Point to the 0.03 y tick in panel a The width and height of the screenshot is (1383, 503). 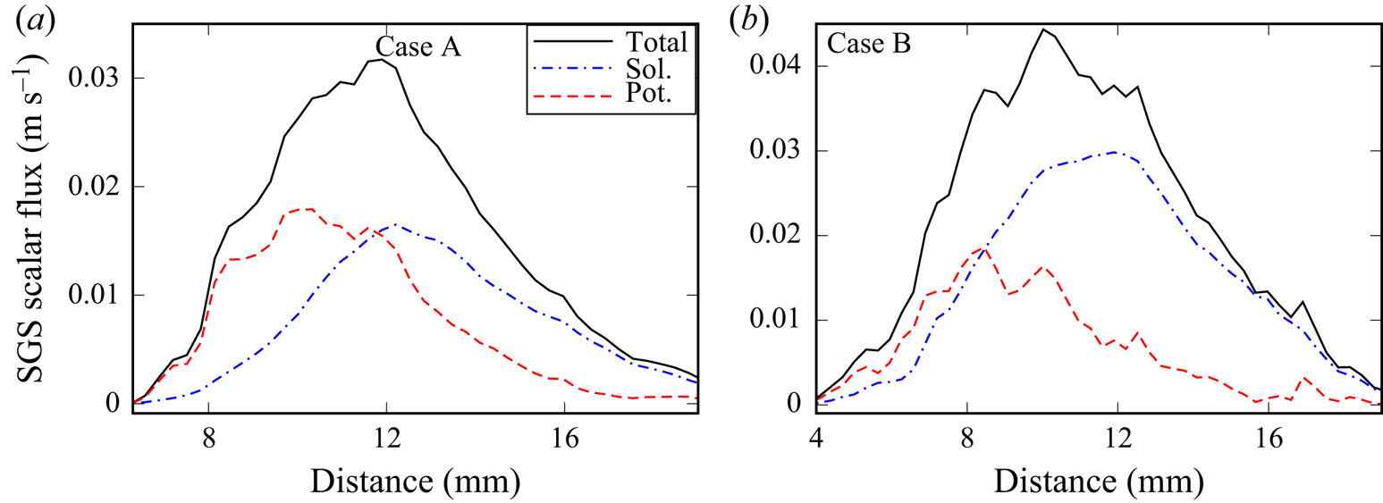pos(93,79)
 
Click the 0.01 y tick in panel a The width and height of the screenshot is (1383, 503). pos(93,296)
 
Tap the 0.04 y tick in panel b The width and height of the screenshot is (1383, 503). pos(778,66)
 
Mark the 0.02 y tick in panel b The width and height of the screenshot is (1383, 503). pos(778,236)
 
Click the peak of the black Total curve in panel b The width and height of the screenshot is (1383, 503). pos(1042,29)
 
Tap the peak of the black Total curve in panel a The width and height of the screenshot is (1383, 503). pos(382,60)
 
